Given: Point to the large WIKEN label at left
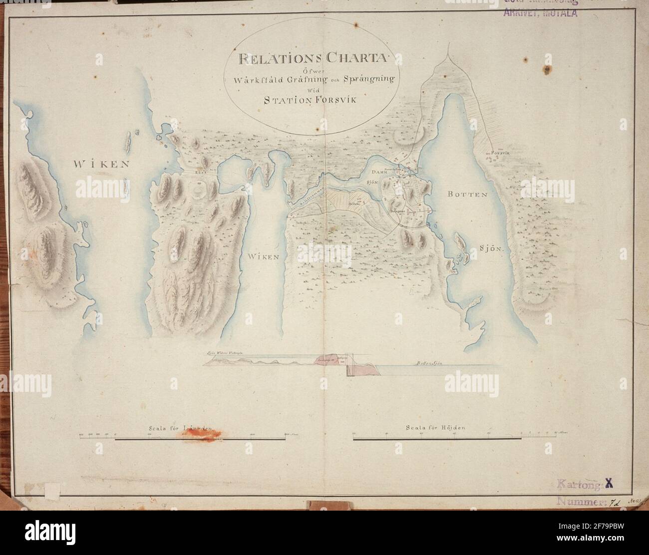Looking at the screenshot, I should [102, 164].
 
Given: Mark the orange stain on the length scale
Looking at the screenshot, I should [202, 435].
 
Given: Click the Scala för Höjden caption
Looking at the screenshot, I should [435, 427].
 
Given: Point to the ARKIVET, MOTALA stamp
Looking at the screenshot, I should [540, 12].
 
